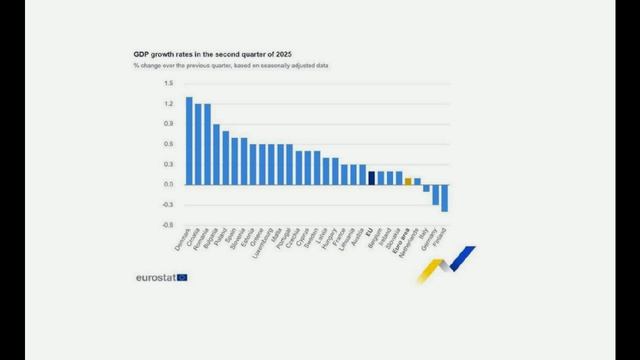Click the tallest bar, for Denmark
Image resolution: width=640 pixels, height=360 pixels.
pos(189,141)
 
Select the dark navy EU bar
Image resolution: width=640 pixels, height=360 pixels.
pos(371,178)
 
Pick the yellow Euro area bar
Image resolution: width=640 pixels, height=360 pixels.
pos(408,181)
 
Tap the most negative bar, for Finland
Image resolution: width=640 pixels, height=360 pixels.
pos(444,198)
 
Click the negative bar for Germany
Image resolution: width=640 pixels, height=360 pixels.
pos(435,194)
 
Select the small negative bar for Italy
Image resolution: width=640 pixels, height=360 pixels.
pos(426,188)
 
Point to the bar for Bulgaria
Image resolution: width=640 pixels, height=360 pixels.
pos(216,155)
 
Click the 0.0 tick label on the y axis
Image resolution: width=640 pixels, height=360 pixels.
pos(169,185)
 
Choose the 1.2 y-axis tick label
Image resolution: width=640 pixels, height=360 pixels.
pos(169,104)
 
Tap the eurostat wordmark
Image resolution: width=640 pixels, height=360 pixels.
pos(155,277)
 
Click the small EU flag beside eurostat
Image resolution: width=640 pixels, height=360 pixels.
pos(182,277)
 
